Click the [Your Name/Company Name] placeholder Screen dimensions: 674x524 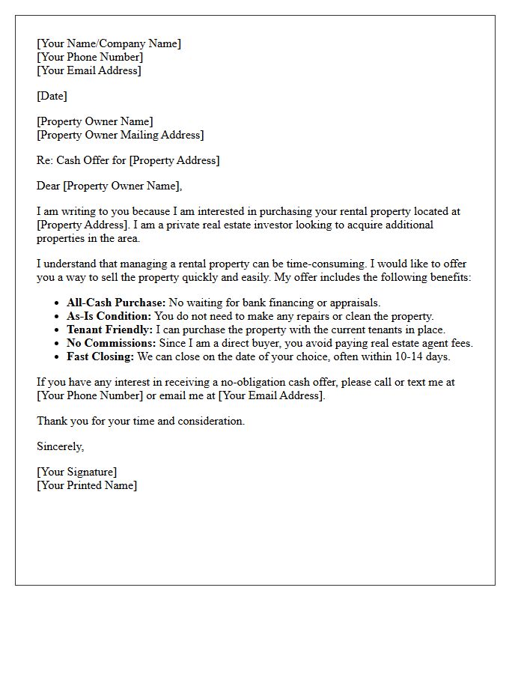coord(109,44)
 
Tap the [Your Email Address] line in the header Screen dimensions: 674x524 coord(88,71)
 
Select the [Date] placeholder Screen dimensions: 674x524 coord(52,97)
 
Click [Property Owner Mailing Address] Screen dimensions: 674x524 coord(120,136)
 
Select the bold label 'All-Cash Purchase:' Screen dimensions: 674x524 coord(116,303)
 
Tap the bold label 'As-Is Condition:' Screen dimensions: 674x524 coord(109,317)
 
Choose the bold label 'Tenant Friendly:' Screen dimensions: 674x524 coord(109,330)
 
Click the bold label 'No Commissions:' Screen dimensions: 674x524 coord(109,344)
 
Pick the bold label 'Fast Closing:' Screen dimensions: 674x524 coord(100,357)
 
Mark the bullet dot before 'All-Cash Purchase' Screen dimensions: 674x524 coord(58,303)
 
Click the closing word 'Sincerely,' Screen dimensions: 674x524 coord(61,447)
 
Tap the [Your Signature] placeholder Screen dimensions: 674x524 coord(76,473)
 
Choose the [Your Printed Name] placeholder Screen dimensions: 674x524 coord(87,486)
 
